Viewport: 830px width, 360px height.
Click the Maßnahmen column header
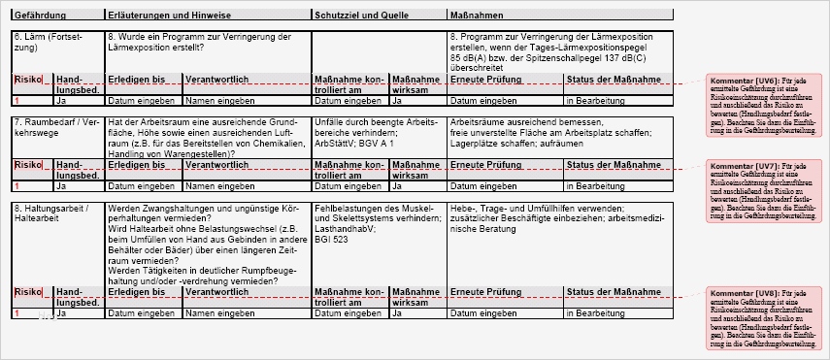point(477,16)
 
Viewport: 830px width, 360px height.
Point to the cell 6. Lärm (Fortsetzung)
point(52,42)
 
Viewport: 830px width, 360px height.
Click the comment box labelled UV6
point(765,107)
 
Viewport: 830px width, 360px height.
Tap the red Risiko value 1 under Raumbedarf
point(17,185)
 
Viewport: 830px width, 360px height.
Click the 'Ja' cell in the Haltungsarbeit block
point(61,314)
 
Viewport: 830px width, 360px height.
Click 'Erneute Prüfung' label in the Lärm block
point(485,79)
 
